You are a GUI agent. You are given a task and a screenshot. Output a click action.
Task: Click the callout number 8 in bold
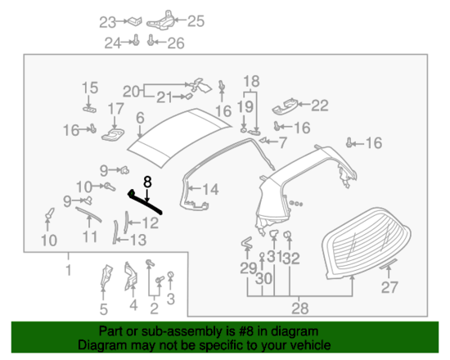148,182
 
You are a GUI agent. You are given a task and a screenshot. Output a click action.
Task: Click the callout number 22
319,104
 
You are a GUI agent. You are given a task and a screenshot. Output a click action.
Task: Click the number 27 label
390,287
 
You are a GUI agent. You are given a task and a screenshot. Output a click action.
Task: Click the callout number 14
210,190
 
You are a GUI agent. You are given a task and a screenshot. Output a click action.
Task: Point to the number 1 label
69,269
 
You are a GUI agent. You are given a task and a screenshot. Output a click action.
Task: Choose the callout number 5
104,308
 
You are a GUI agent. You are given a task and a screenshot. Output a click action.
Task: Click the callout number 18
250,81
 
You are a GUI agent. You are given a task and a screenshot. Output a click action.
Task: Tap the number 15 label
88,88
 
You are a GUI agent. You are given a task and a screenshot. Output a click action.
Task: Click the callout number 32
293,259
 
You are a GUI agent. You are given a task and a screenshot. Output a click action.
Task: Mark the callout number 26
176,43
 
